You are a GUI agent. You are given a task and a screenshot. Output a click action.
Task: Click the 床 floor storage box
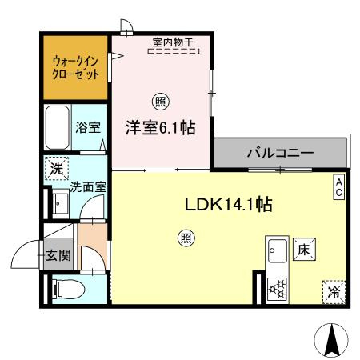tap(303, 250)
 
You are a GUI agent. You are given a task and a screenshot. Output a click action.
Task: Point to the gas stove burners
tap(278, 287)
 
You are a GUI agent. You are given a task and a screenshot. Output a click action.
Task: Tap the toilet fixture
tap(66, 287)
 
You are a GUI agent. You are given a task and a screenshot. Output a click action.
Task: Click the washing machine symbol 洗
tap(56, 169)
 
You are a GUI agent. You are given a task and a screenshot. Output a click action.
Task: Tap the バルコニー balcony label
tap(279, 151)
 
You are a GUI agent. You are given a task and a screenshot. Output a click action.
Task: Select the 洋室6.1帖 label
tap(161, 127)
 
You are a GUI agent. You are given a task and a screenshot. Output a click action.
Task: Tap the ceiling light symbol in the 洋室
tap(161, 102)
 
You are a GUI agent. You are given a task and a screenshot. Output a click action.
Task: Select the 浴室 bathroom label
tap(87, 127)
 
